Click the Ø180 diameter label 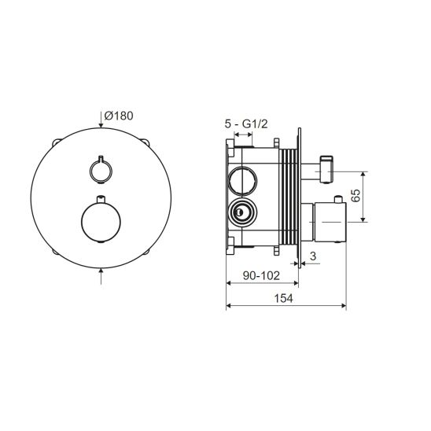point(119,116)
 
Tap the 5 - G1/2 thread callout point(246,124)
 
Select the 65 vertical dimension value point(356,195)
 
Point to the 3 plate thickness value point(313,256)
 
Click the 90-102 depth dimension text point(261,275)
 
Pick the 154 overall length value point(284,298)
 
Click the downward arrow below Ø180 point(101,121)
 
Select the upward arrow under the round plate point(101,276)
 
